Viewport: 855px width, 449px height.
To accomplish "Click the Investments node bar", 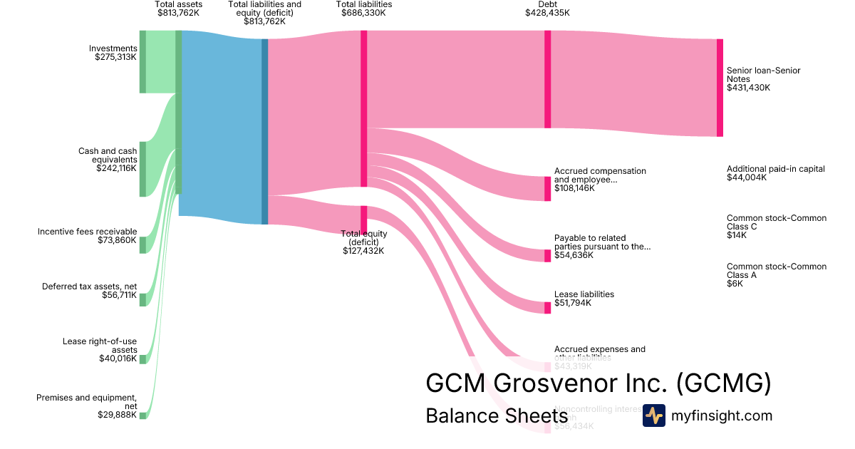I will coord(142,61).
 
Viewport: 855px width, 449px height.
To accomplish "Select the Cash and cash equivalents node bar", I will coord(142,169).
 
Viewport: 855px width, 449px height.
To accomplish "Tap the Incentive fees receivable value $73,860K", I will coord(117,241).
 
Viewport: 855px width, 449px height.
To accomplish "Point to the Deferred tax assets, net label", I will coord(89,287).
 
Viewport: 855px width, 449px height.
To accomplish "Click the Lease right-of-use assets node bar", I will coord(142,359).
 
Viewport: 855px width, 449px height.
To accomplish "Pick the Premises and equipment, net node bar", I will coord(142,416).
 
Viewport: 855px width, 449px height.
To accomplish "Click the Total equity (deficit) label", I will coord(363,238).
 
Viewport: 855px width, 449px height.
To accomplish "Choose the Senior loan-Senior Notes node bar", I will coord(720,88).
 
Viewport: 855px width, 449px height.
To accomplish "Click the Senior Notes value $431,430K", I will coord(748,88).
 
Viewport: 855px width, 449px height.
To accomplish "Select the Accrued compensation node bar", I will coord(547,189).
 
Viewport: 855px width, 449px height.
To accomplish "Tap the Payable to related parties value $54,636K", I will coord(574,255).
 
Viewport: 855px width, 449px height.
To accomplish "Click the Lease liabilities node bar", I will coord(547,307).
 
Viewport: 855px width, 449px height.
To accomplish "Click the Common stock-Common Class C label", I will coord(777,222).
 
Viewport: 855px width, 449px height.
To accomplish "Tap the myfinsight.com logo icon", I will coord(653,416).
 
